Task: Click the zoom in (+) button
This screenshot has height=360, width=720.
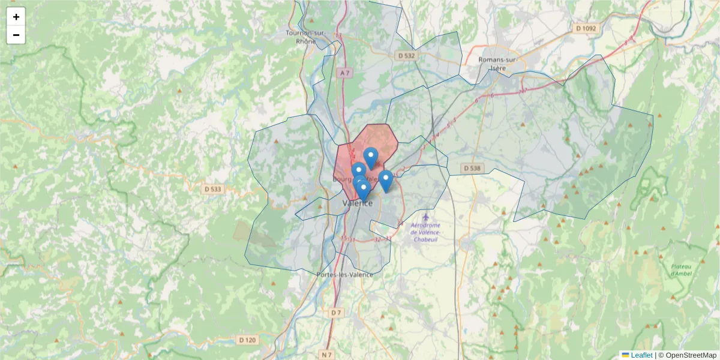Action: click(x=16, y=17)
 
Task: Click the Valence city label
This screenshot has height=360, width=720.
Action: click(x=358, y=203)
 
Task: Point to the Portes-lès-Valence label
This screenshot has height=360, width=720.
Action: click(x=344, y=275)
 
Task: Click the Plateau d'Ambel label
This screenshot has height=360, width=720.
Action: click(x=679, y=269)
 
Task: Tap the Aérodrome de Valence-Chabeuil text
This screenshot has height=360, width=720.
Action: click(x=426, y=232)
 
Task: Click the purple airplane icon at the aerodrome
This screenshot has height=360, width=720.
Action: click(x=426, y=217)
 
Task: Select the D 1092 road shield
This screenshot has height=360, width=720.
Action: click(x=586, y=28)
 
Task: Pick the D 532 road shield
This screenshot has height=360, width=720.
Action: click(x=406, y=55)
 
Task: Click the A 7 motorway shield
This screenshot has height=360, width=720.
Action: click(x=344, y=73)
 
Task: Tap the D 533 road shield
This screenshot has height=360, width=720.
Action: click(x=213, y=189)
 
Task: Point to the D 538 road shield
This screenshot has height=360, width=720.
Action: click(x=472, y=169)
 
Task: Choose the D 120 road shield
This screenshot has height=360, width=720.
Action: click(x=247, y=340)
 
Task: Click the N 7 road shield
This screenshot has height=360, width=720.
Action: click(x=326, y=355)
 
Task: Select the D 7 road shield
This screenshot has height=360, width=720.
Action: click(x=335, y=313)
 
